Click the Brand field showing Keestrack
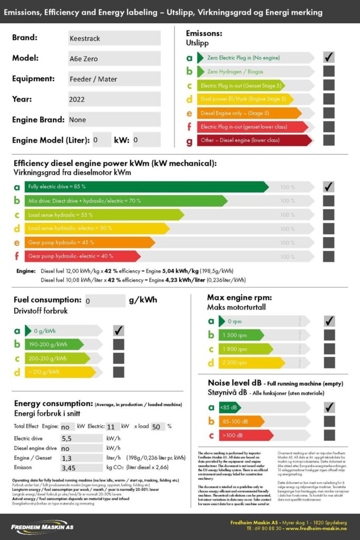pos(114,38)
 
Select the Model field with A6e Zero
pos(114,59)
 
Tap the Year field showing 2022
pos(114,99)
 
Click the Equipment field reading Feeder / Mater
pos(114,79)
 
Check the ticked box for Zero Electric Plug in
pos(329,57)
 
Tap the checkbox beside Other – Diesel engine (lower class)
pos(329,140)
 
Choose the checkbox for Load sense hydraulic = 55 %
pos(329,215)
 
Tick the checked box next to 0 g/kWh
pos(119,331)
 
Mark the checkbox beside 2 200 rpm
pos(329,363)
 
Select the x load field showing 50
pos(158,427)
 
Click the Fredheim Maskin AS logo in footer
pos(42,527)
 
